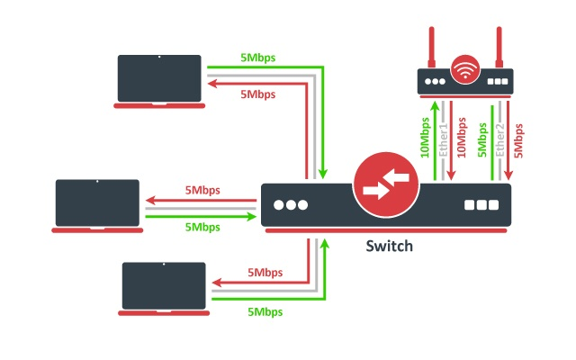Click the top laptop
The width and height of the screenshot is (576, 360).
(x=159, y=79)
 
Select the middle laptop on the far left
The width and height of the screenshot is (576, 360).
(x=97, y=204)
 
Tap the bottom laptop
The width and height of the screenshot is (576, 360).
(x=164, y=286)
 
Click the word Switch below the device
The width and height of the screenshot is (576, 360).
(x=389, y=246)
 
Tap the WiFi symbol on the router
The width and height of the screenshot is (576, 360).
(x=465, y=68)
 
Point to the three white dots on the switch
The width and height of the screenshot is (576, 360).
(x=291, y=204)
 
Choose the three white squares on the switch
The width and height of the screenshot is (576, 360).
(x=481, y=204)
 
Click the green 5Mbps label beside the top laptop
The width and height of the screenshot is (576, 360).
(x=257, y=58)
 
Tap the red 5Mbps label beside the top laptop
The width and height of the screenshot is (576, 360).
(x=257, y=94)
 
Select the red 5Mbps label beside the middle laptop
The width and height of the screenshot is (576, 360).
(x=202, y=191)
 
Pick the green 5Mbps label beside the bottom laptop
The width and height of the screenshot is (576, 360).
(x=265, y=311)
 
